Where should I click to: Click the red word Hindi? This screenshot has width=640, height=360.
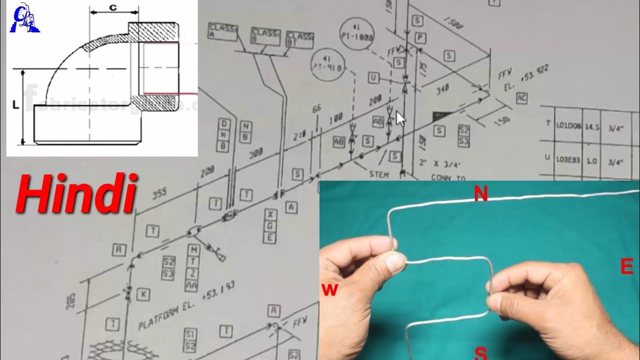[x=76, y=193]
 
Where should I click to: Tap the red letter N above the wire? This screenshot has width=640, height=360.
[x=480, y=194]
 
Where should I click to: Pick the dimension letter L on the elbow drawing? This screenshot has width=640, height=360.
[x=15, y=105]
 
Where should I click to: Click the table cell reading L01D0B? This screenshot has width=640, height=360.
[x=568, y=127]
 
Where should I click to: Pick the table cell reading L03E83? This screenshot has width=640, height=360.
[x=568, y=160]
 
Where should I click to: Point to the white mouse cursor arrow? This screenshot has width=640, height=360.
[x=400, y=119]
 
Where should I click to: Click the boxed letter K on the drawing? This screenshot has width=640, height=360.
[x=143, y=294]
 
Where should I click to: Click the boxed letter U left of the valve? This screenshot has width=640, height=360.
[x=373, y=77]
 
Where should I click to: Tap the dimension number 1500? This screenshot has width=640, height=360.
[x=452, y=26]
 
